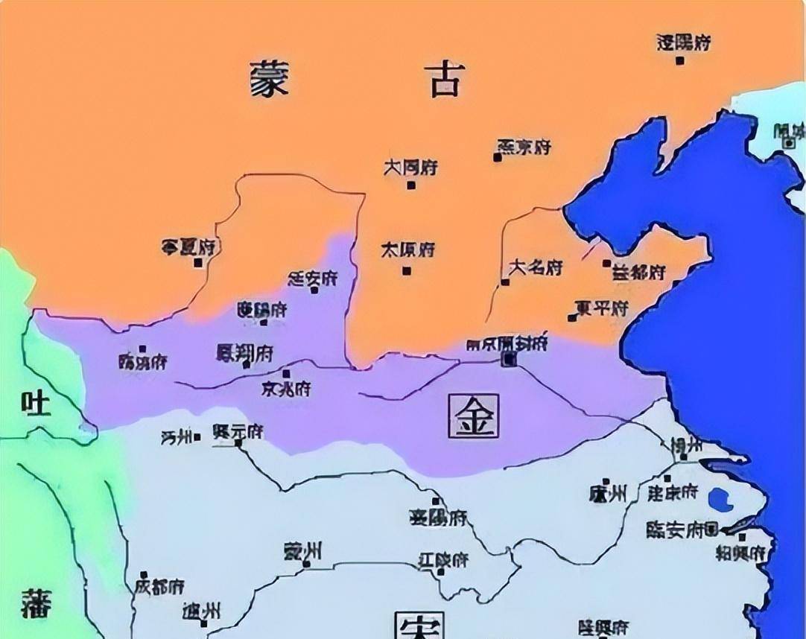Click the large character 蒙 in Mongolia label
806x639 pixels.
(269, 78)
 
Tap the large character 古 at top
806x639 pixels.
(445, 78)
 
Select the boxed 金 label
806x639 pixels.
(474, 415)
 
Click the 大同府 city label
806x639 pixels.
(410, 168)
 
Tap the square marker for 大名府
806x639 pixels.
(505, 282)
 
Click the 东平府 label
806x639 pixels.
(603, 308)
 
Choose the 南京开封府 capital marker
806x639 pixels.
(509, 360)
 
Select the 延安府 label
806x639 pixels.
(312, 279)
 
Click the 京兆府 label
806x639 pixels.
(286, 389)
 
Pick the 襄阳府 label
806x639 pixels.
(438, 518)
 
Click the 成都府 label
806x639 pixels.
(159, 586)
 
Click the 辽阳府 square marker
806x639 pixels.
(679, 60)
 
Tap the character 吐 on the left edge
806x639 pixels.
(35, 404)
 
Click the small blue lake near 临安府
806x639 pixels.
(720, 499)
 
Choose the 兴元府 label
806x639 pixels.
(238, 431)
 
